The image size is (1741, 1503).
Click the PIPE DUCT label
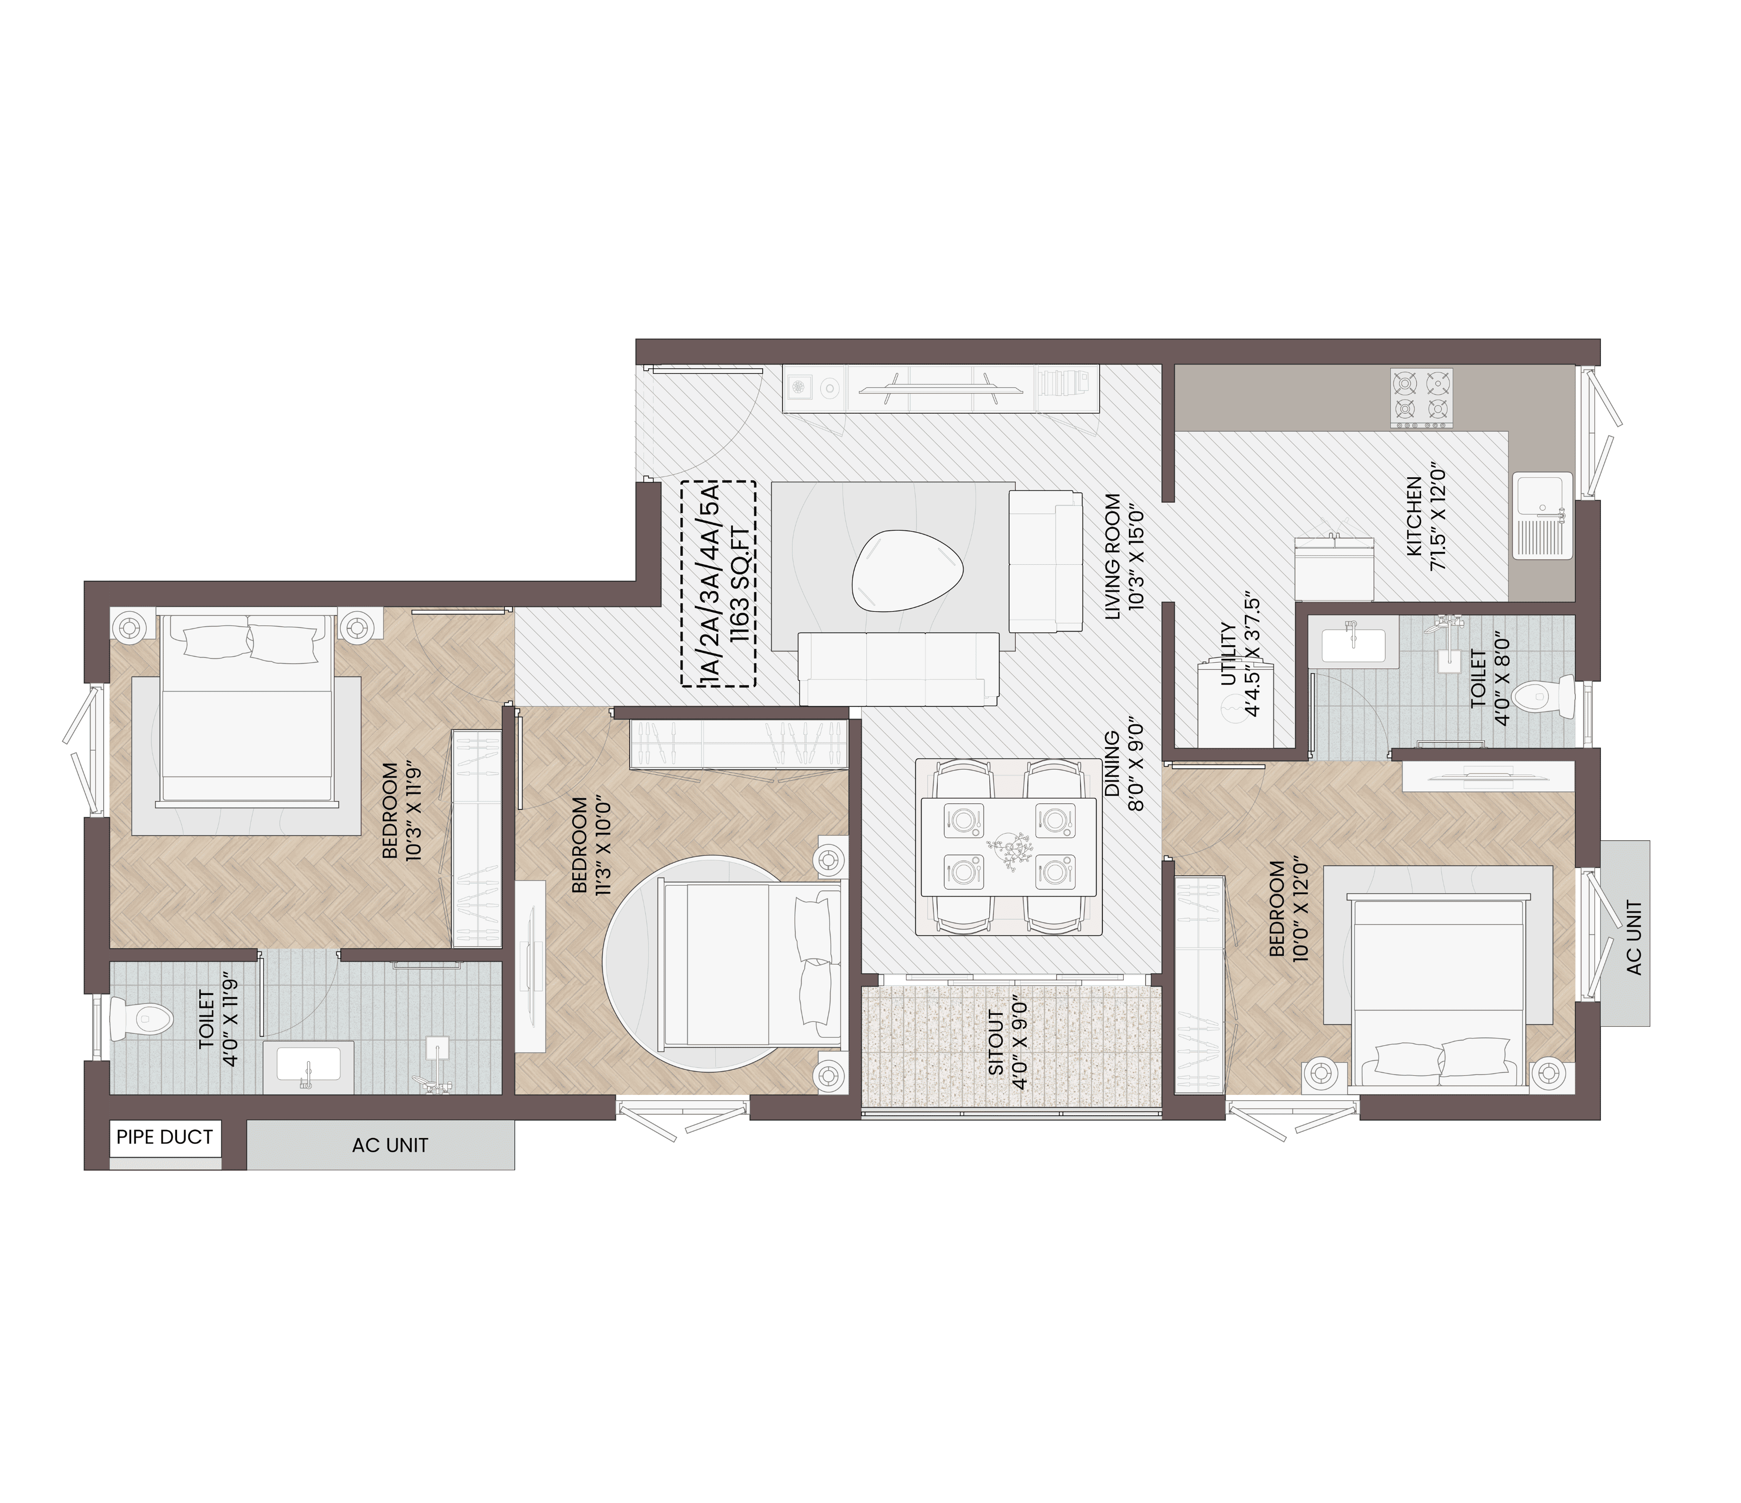pos(165,1138)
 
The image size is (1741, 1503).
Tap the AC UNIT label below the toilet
pos(390,1145)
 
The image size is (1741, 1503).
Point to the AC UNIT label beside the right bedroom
pos(1634,938)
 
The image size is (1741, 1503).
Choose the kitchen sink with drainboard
pos(1543,516)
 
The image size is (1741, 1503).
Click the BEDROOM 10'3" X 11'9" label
pos(400,810)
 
